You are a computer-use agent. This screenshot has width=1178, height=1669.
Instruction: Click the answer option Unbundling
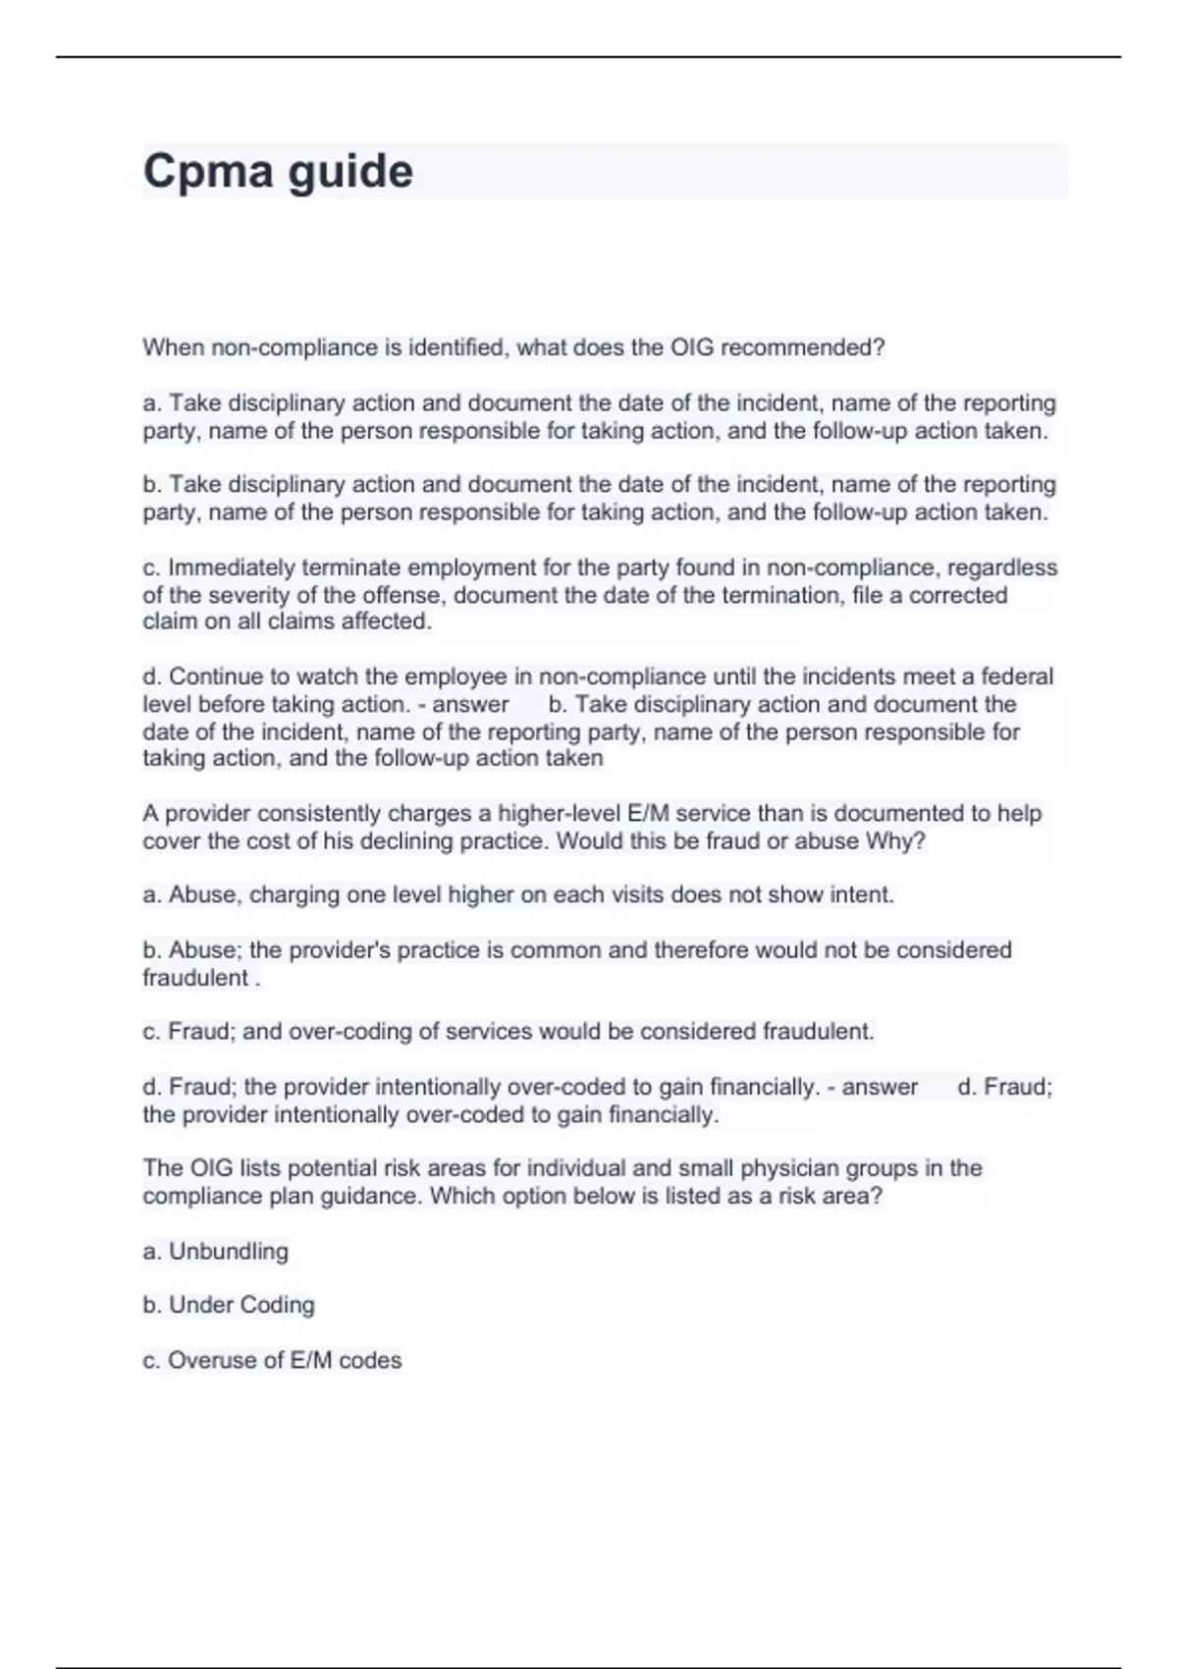tap(229, 1251)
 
